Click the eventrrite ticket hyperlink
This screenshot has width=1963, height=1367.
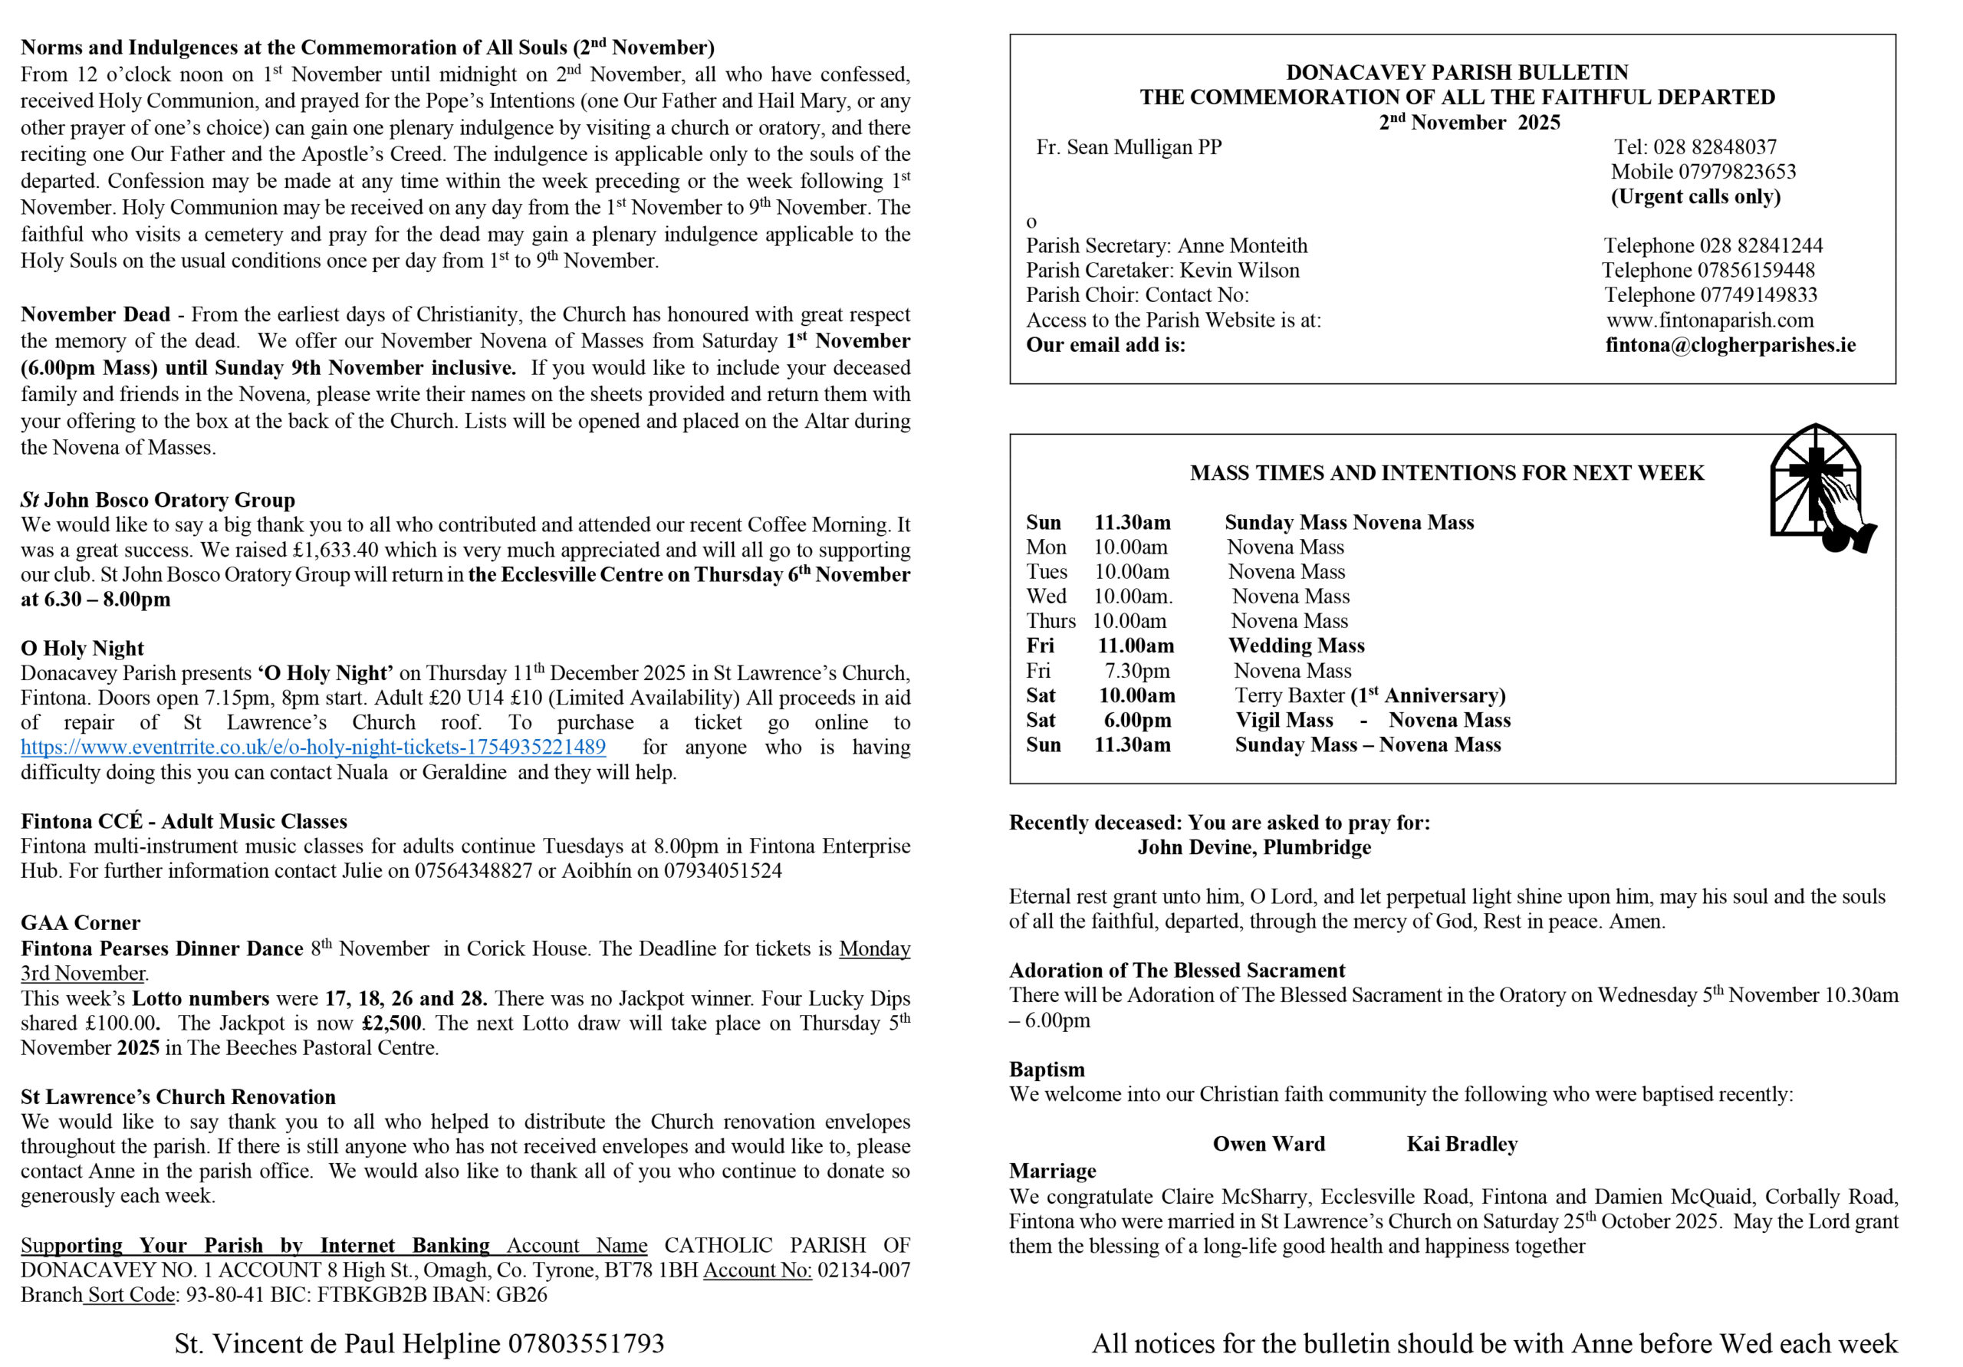click(x=313, y=748)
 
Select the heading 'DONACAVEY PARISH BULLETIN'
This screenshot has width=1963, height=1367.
click(x=1457, y=73)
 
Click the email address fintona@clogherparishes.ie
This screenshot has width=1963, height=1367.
click(x=1731, y=344)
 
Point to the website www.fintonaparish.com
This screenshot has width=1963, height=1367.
click(x=1710, y=320)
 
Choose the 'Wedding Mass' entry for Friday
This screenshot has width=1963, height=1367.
click(x=1296, y=646)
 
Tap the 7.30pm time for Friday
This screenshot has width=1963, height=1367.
click(x=1136, y=670)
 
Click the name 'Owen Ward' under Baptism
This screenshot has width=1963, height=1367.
click(x=1269, y=1144)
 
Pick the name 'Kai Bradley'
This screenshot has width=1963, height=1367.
click(x=1462, y=1144)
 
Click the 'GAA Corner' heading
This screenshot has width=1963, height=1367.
click(x=81, y=922)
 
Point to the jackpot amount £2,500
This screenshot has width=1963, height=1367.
click(x=392, y=1024)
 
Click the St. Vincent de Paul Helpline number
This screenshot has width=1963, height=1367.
click(x=586, y=1343)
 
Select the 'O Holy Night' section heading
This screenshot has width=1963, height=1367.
click(x=82, y=648)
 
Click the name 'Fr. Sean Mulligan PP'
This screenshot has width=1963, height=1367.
click(x=1129, y=147)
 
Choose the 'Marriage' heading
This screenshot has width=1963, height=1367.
click(x=1053, y=1171)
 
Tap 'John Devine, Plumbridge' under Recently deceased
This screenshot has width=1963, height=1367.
click(x=1254, y=847)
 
